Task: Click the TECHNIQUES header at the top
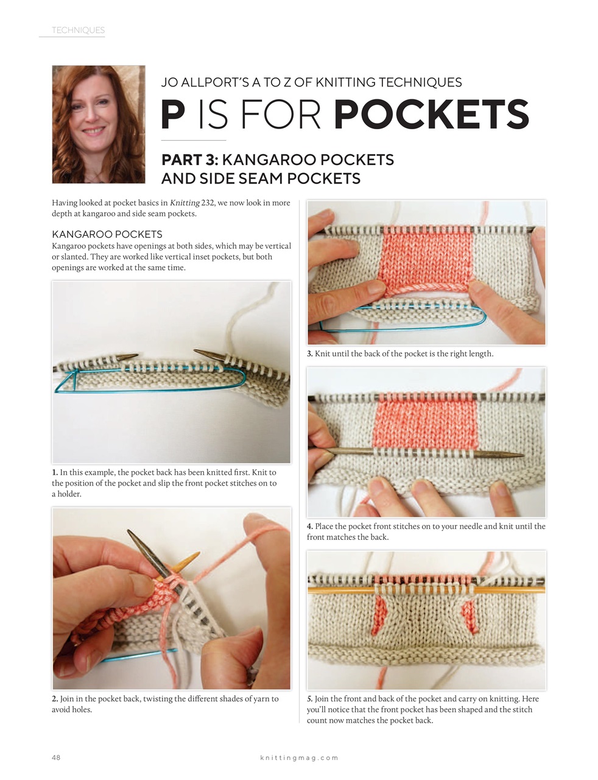pyautogui.click(x=78, y=30)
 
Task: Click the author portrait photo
pyautogui.click(x=99, y=124)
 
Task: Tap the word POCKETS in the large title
pyautogui.click(x=431, y=115)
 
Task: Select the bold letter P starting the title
pyautogui.click(x=173, y=115)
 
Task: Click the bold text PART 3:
pyautogui.click(x=189, y=160)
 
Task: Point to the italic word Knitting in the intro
pyautogui.click(x=184, y=203)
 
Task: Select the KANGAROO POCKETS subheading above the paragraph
pyautogui.click(x=107, y=234)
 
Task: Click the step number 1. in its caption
pyautogui.click(x=55, y=472)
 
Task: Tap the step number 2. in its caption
pyautogui.click(x=55, y=699)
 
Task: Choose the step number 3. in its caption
pyautogui.click(x=310, y=354)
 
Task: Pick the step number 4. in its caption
pyautogui.click(x=310, y=526)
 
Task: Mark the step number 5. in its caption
pyautogui.click(x=310, y=699)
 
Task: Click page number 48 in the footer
pyautogui.click(x=56, y=757)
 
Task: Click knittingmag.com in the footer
pyautogui.click(x=299, y=758)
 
